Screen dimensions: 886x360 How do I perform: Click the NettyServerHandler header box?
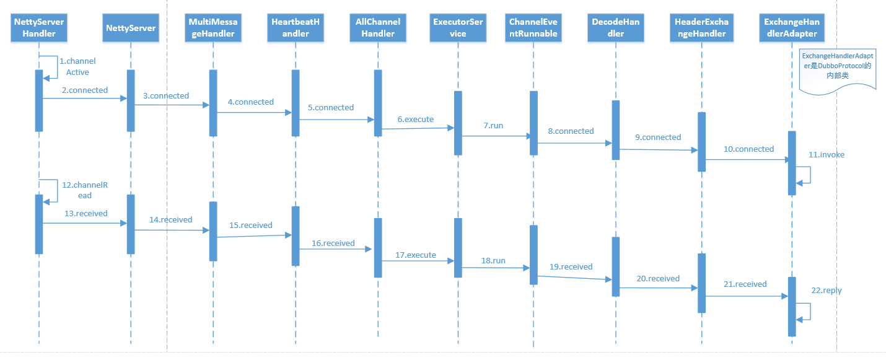(x=39, y=28)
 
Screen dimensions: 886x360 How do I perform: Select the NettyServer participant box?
(x=131, y=28)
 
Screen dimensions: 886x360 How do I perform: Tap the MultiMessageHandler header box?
(x=213, y=28)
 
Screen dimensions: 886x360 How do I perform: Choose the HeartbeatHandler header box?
(x=296, y=28)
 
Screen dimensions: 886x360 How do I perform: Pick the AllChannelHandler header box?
(x=378, y=28)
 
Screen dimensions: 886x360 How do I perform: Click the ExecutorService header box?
(x=458, y=28)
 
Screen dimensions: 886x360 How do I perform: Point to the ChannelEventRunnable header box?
(x=533, y=28)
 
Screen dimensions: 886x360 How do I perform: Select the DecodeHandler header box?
(x=615, y=28)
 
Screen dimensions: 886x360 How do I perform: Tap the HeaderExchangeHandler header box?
(x=702, y=28)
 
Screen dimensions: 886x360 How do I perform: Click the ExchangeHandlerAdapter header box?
(x=792, y=28)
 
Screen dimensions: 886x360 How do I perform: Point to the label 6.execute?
(x=415, y=119)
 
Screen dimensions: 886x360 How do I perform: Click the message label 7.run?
(x=493, y=125)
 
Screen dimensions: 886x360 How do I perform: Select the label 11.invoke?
(x=827, y=155)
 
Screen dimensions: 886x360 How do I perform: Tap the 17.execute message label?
(x=415, y=255)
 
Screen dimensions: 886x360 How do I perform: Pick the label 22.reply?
(x=827, y=291)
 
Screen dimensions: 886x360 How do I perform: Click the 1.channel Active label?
(x=77, y=66)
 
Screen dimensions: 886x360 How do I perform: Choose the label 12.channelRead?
(x=85, y=190)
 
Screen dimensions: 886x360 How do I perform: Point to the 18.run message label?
(x=493, y=261)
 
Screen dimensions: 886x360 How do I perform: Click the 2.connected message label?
(x=85, y=90)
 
